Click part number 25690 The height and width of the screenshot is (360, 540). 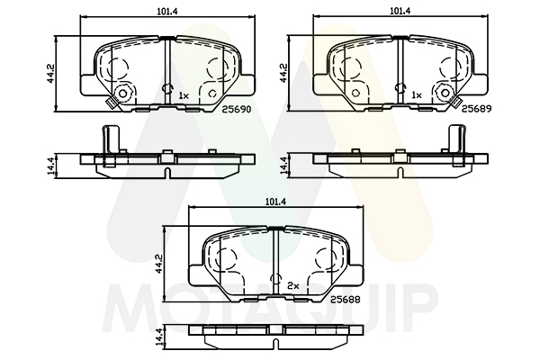[236, 109]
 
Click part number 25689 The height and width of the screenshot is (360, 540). [476, 109]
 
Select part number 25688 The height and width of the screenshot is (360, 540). [345, 300]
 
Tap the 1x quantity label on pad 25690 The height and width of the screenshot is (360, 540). [184, 95]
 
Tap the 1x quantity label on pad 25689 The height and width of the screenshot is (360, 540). [417, 95]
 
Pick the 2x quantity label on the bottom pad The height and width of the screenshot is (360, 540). [293, 285]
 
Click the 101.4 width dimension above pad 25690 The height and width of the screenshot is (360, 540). [167, 11]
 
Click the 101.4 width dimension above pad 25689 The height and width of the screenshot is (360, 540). [400, 11]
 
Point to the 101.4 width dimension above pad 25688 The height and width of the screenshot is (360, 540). [276, 202]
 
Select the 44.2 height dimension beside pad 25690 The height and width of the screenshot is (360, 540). [50, 73]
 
